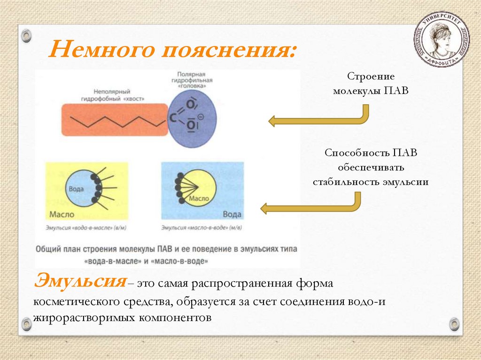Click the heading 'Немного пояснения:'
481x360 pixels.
point(173,50)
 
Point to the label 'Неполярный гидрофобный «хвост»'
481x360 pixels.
point(111,95)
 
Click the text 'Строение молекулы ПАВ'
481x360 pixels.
point(371,83)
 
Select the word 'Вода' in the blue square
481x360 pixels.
point(232,214)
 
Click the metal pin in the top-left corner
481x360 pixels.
point(26,35)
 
